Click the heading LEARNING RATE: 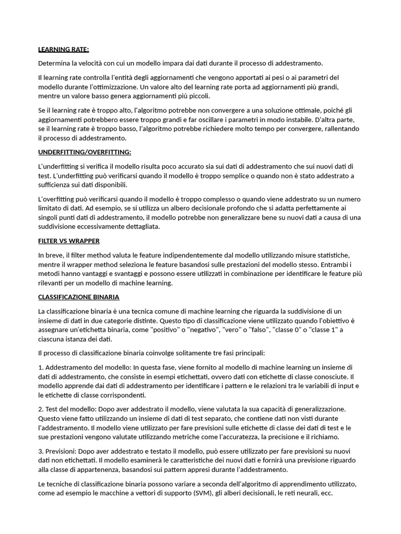tap(64, 50)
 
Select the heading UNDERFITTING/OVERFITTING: tap(85, 152)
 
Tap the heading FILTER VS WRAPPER tap(69, 241)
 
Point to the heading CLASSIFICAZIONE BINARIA tap(79, 297)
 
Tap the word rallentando tap(342, 129)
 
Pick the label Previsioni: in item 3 tap(63, 451)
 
